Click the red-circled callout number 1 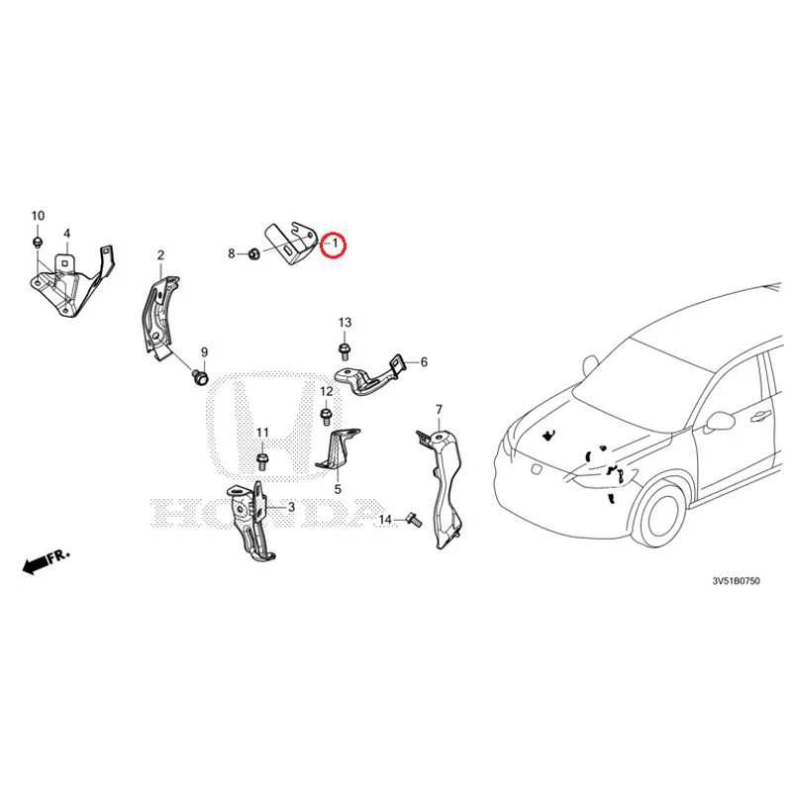point(335,243)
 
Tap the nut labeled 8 point(254,252)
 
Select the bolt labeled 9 point(201,377)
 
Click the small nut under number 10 point(37,241)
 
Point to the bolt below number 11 point(262,461)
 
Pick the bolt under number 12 point(327,417)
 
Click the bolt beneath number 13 point(345,351)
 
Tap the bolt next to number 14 point(413,520)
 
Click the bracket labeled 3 point(250,521)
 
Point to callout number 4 point(66,234)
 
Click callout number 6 point(424,362)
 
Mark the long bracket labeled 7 point(441,487)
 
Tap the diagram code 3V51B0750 point(736,581)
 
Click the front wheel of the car point(662,515)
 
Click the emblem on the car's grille point(536,469)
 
